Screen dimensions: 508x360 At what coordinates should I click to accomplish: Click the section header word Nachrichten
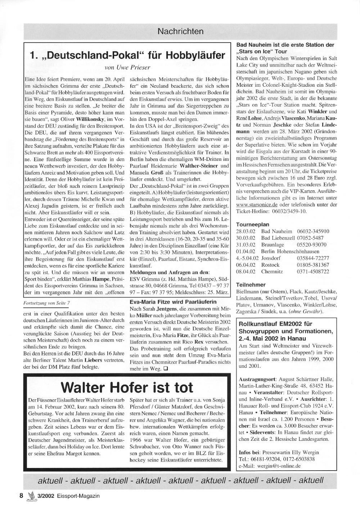click(180, 32)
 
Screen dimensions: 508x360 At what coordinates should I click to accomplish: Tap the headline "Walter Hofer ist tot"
click(127, 387)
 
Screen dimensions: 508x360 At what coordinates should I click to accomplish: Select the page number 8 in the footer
click(21, 495)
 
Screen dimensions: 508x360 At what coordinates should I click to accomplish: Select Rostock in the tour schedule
click(270, 265)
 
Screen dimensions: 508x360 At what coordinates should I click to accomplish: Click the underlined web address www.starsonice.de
click(257, 204)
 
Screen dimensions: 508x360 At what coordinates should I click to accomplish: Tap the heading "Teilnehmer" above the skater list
click(251, 285)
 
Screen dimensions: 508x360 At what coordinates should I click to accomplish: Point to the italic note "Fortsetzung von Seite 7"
click(47, 303)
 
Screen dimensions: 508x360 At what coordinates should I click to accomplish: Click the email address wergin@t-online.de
click(279, 465)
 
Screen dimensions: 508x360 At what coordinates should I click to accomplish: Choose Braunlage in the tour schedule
click(273, 245)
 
